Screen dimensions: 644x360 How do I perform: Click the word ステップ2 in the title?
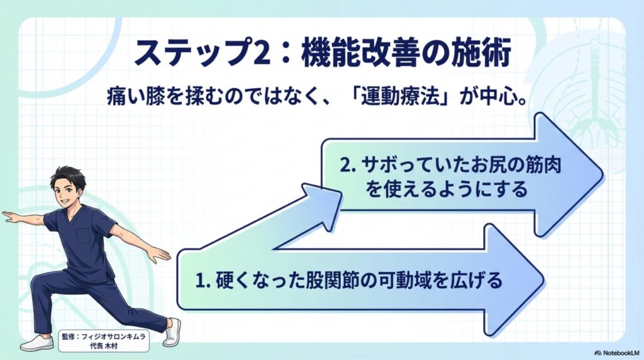tap(202, 53)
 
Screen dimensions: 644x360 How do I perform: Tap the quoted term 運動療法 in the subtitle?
tap(399, 99)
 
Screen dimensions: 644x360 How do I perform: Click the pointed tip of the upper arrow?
tap(602, 176)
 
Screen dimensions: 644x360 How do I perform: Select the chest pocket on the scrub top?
tap(84, 235)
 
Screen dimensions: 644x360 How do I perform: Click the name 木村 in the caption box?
tap(111, 346)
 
